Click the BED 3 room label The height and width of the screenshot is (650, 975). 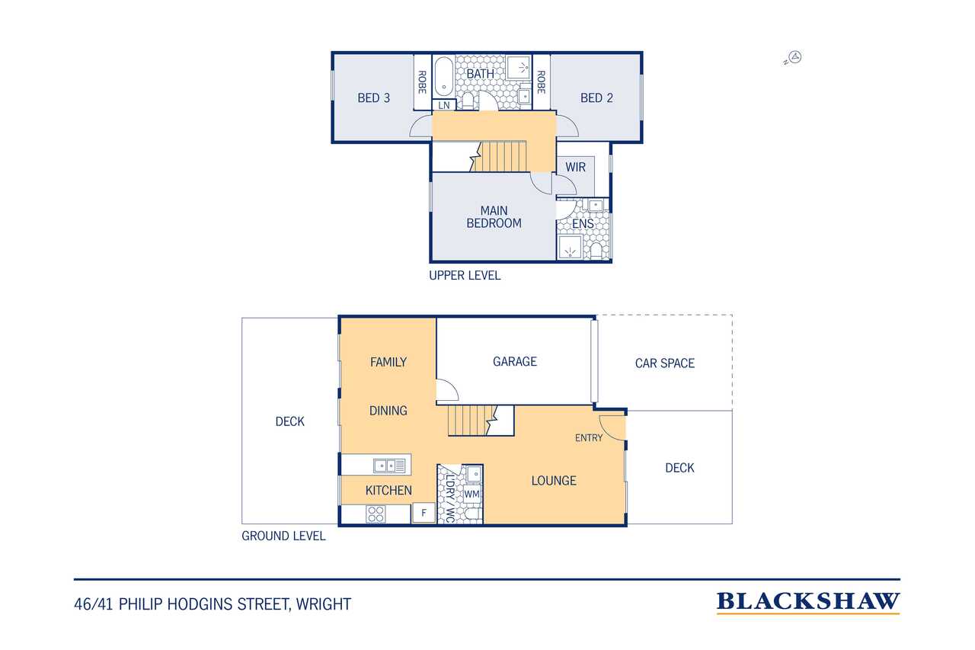pyautogui.click(x=373, y=98)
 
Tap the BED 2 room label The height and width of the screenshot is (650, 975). pyautogui.click(x=596, y=98)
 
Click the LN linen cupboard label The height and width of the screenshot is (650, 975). pyautogui.click(x=443, y=105)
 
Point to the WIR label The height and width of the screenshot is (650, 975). pyautogui.click(x=575, y=167)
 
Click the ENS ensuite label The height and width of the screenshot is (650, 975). pyautogui.click(x=583, y=224)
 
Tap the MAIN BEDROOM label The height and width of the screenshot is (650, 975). pyautogui.click(x=494, y=217)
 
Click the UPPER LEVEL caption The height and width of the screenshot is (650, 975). pyautogui.click(x=465, y=275)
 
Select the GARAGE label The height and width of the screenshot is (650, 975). pyautogui.click(x=514, y=361)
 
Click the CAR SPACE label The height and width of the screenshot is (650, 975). pyautogui.click(x=665, y=363)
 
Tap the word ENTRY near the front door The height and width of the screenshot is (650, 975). pyautogui.click(x=589, y=437)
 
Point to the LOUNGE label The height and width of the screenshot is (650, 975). pyautogui.click(x=554, y=481)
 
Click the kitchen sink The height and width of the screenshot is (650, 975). pyautogui.click(x=389, y=466)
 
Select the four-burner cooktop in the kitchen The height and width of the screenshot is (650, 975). pyautogui.click(x=376, y=514)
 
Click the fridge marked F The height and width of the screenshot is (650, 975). pyautogui.click(x=424, y=513)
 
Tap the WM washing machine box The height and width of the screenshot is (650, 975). pyautogui.click(x=472, y=494)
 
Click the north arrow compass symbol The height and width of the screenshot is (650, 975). pyautogui.click(x=795, y=57)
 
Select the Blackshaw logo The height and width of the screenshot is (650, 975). pyautogui.click(x=808, y=603)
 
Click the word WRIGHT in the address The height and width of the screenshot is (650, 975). pyautogui.click(x=324, y=604)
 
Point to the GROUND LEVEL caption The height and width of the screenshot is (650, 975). pyautogui.click(x=283, y=536)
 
